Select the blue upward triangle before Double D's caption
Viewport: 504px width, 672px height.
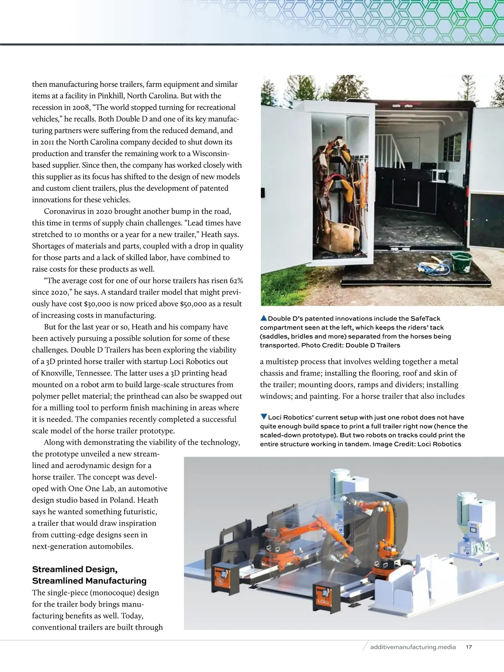(264, 318)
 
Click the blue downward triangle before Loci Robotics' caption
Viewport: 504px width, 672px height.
(264, 417)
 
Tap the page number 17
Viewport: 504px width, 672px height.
(469, 647)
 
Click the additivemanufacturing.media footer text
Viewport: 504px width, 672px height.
(413, 647)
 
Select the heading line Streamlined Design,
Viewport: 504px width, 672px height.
(75, 569)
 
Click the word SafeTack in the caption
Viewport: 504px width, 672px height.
(425, 318)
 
